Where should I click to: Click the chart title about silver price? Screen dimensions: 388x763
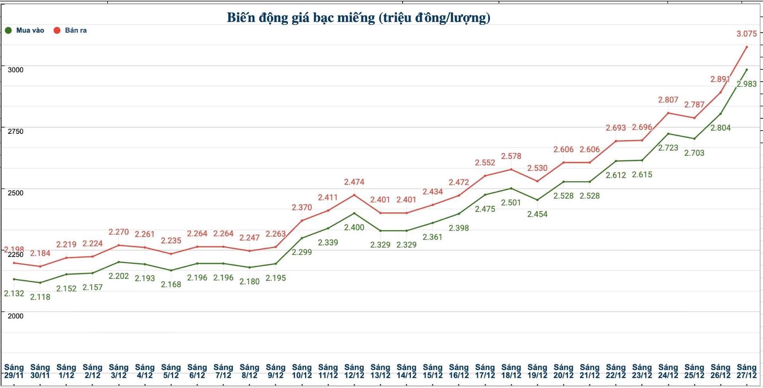point(358,18)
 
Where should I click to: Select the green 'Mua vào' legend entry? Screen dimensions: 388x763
point(25,30)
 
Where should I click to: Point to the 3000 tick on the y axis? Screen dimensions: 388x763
point(16,70)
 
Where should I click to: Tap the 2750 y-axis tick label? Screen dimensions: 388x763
point(16,131)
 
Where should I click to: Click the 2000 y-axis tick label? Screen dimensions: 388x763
point(16,316)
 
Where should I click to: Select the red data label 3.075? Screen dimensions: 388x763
point(746,34)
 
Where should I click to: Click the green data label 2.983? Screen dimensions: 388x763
point(746,84)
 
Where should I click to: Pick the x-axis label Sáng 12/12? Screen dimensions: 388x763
point(354,371)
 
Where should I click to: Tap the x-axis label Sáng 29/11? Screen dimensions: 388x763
point(14,371)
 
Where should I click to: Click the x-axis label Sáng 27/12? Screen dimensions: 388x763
point(746,371)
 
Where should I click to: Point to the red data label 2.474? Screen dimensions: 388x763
point(354,182)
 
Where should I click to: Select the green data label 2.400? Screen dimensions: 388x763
point(354,227)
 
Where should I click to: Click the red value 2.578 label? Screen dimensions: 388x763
point(511,156)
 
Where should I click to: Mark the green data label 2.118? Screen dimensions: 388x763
point(40,297)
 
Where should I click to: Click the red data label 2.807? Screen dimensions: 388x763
point(668,100)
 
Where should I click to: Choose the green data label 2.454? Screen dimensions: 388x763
point(537,214)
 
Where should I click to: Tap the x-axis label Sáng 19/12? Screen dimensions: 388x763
point(537,371)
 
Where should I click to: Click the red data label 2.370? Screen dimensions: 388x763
point(302,208)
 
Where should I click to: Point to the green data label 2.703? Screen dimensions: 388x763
point(694,153)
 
